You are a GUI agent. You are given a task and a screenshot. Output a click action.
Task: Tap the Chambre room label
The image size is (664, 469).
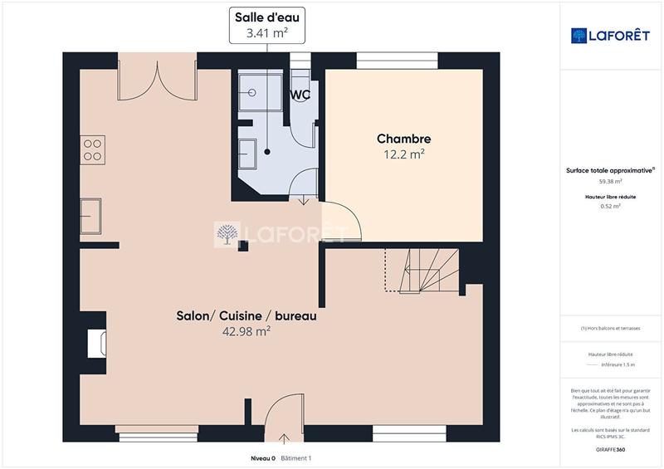click(x=403, y=139)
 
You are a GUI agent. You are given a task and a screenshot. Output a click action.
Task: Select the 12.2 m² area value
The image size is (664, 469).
click(x=403, y=154)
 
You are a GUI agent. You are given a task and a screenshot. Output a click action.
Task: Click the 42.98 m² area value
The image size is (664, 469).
click(x=246, y=330)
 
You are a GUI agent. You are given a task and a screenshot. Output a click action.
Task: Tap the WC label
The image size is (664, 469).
click(x=300, y=95)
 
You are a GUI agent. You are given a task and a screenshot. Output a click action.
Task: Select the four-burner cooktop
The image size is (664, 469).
click(x=91, y=149)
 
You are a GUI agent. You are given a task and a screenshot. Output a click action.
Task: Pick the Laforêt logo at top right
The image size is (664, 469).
click(x=611, y=35)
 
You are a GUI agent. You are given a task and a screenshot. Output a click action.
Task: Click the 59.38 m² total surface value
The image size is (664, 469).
click(x=610, y=181)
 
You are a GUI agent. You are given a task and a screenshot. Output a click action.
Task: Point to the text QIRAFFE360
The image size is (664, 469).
click(x=610, y=447)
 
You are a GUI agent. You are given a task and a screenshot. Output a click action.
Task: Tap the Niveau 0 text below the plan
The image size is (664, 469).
click(x=262, y=458)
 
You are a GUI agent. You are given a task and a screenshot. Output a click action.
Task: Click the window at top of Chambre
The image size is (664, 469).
click(x=397, y=61)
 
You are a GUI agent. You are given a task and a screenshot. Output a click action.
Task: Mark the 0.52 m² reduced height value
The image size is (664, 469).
click(x=610, y=206)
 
